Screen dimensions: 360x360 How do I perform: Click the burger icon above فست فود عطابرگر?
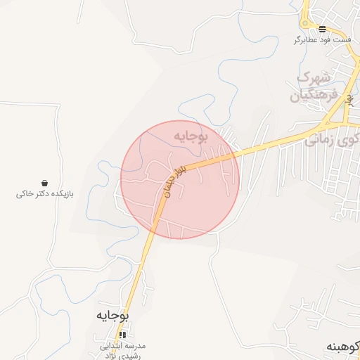[x=322, y=29]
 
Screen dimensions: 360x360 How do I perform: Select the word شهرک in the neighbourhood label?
[x=314, y=77]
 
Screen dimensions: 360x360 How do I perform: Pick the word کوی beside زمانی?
[x=349, y=139]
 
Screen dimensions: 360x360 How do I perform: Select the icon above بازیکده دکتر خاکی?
[x=45, y=182]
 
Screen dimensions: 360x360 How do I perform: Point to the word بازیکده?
[x=60, y=193]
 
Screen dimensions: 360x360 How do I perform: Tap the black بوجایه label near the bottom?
[x=112, y=316]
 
